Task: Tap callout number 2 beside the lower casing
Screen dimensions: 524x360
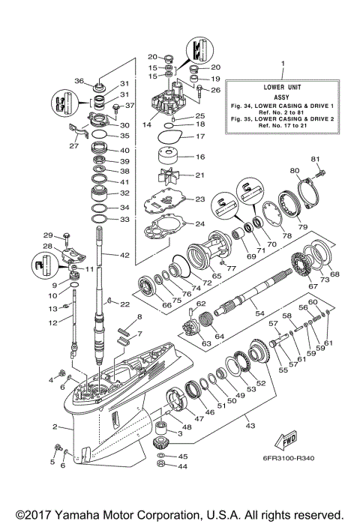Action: [55, 427]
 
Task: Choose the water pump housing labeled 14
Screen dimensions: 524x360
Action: [159, 105]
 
